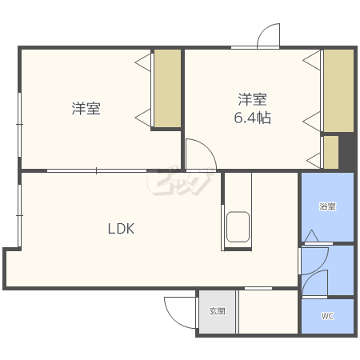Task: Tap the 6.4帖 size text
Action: click(x=252, y=118)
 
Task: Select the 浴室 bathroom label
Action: click(x=327, y=207)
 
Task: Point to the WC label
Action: click(x=327, y=316)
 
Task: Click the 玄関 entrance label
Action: click(x=218, y=311)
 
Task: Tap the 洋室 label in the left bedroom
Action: click(x=86, y=109)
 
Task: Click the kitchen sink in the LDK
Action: click(x=238, y=226)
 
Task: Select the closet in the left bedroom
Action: click(x=167, y=88)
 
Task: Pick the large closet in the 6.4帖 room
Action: click(x=338, y=90)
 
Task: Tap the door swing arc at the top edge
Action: click(x=269, y=37)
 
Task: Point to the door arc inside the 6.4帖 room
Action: click(x=198, y=154)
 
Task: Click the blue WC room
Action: click(x=327, y=317)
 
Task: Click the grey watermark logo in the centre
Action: click(x=178, y=182)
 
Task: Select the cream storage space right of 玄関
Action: click(x=268, y=312)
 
